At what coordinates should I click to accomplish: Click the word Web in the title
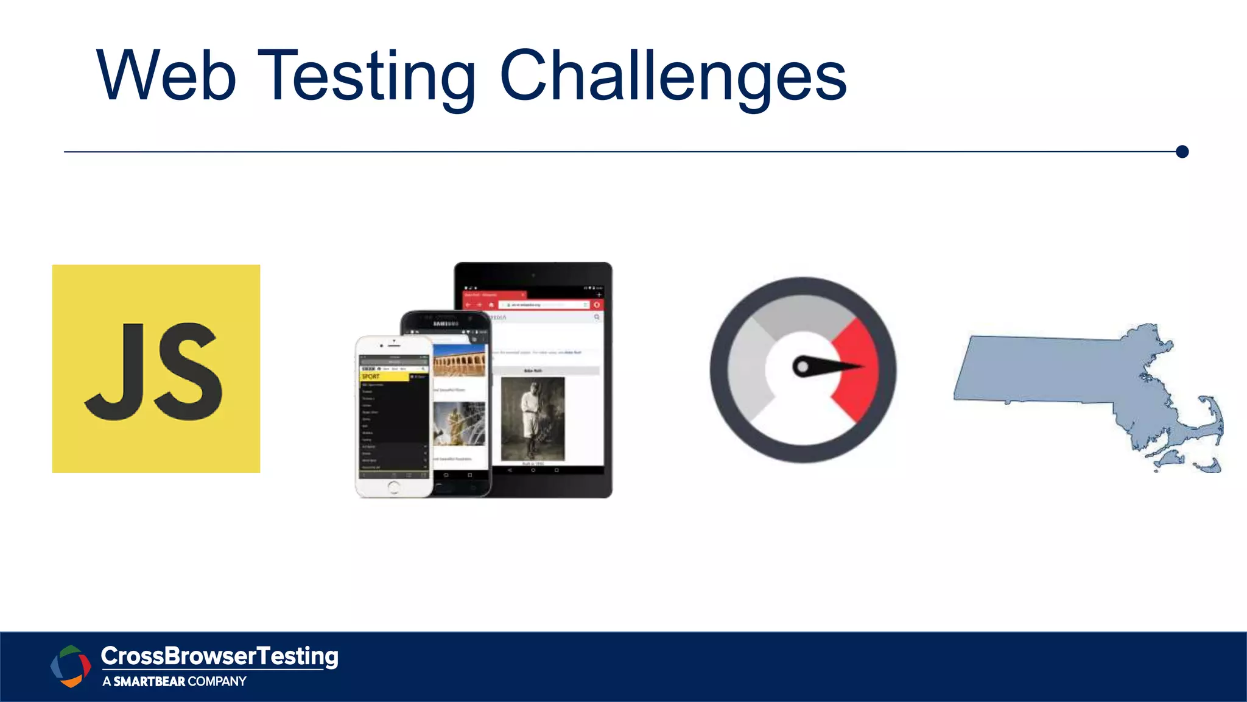pyautogui.click(x=166, y=76)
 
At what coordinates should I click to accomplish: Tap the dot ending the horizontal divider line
pyautogui.click(x=1182, y=152)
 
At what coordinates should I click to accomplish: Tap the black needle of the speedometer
pyautogui.click(x=828, y=366)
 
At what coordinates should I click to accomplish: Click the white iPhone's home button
pyautogui.click(x=393, y=487)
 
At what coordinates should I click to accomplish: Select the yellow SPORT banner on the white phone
pyautogui.click(x=384, y=377)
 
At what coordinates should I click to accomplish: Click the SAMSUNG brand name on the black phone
pyautogui.click(x=445, y=324)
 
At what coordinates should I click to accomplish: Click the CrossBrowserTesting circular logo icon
pyautogui.click(x=71, y=666)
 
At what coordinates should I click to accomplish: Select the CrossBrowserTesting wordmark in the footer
pyautogui.click(x=219, y=656)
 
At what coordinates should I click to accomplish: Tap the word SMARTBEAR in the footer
pyautogui.click(x=149, y=682)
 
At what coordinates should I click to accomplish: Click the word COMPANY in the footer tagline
pyautogui.click(x=217, y=682)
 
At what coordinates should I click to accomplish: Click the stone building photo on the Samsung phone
pyautogui.click(x=460, y=361)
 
